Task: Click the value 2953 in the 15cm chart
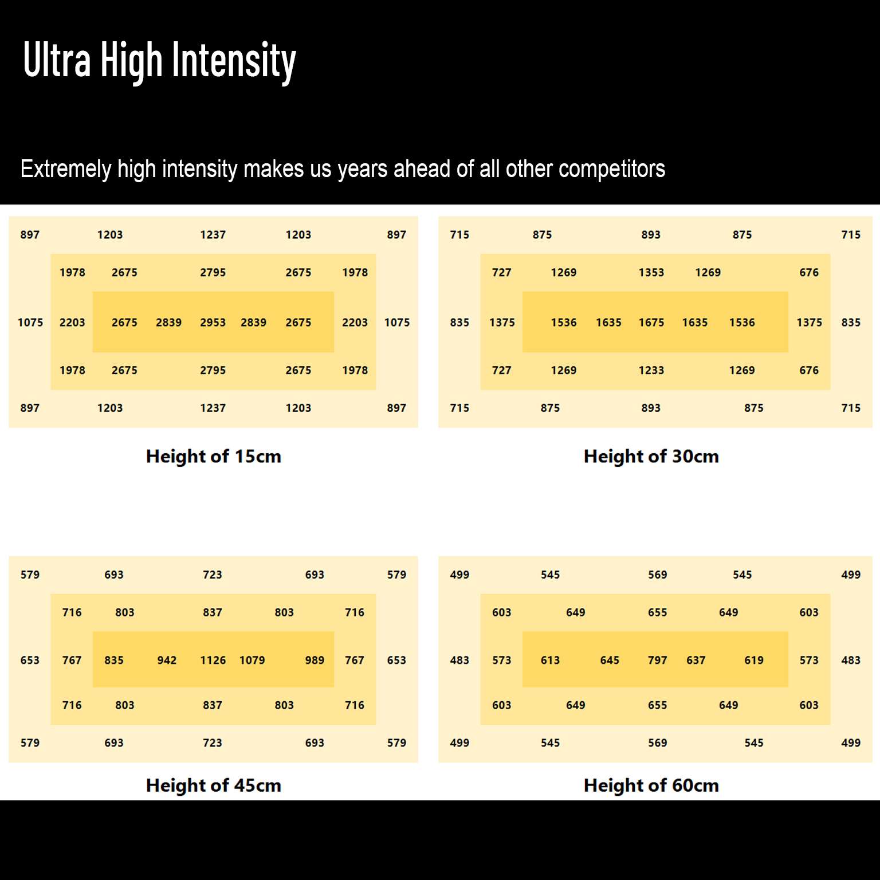pyautogui.click(x=213, y=323)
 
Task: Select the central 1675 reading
pyautogui.click(x=651, y=323)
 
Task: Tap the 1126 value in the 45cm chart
pyautogui.click(x=213, y=661)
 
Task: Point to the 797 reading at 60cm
pyautogui.click(x=657, y=661)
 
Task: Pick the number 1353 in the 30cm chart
pyautogui.click(x=651, y=273)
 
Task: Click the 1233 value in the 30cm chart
pyautogui.click(x=651, y=371)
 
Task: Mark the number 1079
pyautogui.click(x=252, y=661)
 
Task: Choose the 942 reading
pyautogui.click(x=167, y=661)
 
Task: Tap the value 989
pyautogui.click(x=315, y=661)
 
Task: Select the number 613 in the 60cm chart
pyautogui.click(x=550, y=661)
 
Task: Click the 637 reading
pyautogui.click(x=696, y=661)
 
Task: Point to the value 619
pyautogui.click(x=753, y=661)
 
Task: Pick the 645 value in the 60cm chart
pyautogui.click(x=610, y=661)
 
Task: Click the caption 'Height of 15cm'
pyautogui.click(x=214, y=457)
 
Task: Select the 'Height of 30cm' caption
pyautogui.click(x=651, y=457)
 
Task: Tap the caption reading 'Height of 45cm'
pyautogui.click(x=214, y=785)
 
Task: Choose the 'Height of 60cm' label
pyautogui.click(x=651, y=785)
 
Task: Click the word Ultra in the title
pyautogui.click(x=57, y=60)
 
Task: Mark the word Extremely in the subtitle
pyautogui.click(x=66, y=170)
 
